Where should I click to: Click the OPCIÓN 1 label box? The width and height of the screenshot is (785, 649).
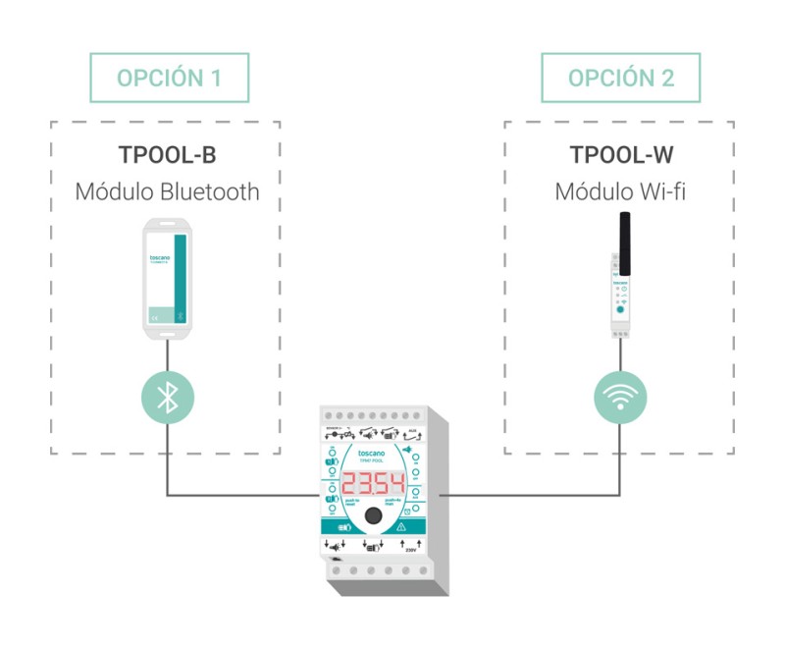(x=168, y=79)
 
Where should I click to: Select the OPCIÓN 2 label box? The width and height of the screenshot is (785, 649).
(x=620, y=79)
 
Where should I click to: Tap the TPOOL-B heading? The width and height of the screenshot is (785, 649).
(x=168, y=156)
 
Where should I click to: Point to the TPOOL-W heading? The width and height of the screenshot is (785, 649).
(x=620, y=156)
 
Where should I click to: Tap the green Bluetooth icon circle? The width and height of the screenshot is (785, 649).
(x=168, y=398)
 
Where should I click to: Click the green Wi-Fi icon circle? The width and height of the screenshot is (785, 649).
(x=620, y=398)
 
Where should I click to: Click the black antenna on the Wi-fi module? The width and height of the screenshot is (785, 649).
(x=621, y=241)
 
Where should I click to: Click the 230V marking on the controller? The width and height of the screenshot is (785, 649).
(x=411, y=551)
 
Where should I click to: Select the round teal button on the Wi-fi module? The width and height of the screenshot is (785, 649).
(x=620, y=309)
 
